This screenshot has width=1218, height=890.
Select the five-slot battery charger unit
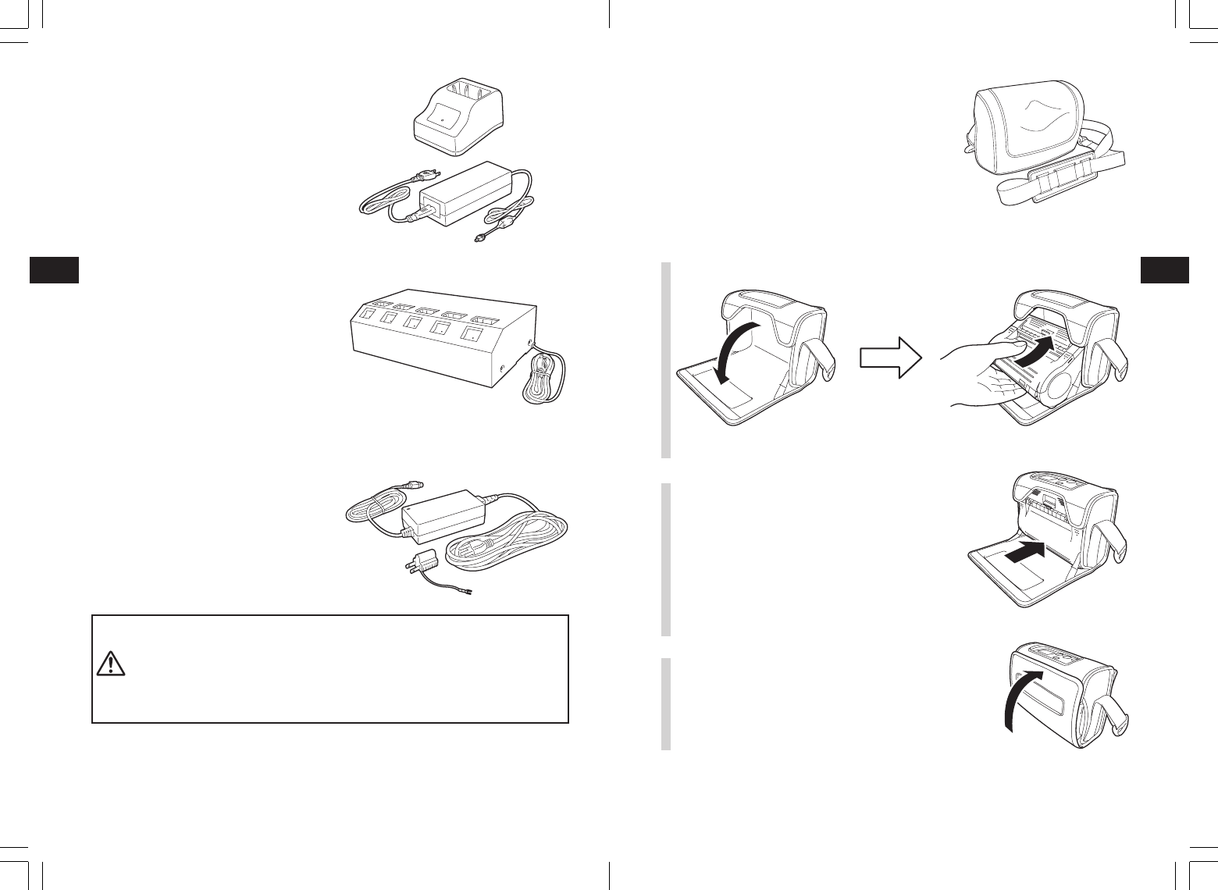tap(441, 344)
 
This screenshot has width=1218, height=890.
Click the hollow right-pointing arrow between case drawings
tap(891, 357)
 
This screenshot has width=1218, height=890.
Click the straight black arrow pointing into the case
tap(1024, 554)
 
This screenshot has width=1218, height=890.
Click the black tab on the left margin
tap(54, 269)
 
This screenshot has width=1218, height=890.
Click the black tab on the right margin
tap(1164, 269)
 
